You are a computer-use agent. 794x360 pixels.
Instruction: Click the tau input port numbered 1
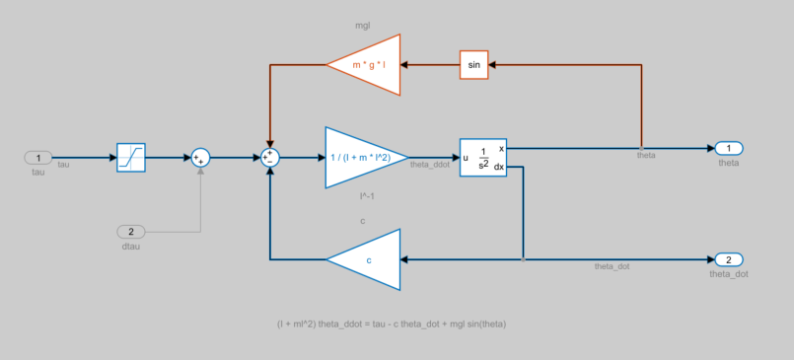click(x=38, y=157)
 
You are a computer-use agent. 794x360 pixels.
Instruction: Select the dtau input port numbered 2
click(x=131, y=232)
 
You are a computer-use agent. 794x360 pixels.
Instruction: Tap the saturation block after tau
click(x=131, y=157)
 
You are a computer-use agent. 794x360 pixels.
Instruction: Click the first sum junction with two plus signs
click(x=200, y=157)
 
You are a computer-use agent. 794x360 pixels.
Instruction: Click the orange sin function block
click(x=473, y=65)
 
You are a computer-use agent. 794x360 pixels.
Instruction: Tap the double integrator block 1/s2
click(x=483, y=157)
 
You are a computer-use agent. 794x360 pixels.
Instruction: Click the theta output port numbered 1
click(x=729, y=148)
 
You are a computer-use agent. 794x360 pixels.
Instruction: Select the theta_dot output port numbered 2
click(x=728, y=259)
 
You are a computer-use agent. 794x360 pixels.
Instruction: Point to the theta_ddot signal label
click(x=430, y=166)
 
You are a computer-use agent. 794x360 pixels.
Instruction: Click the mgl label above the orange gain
click(x=363, y=24)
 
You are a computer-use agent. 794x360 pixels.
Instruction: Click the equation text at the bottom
click(x=393, y=324)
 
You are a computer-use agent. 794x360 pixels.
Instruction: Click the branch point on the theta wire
click(x=642, y=148)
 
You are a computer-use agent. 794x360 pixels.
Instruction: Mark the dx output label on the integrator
click(x=499, y=167)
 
